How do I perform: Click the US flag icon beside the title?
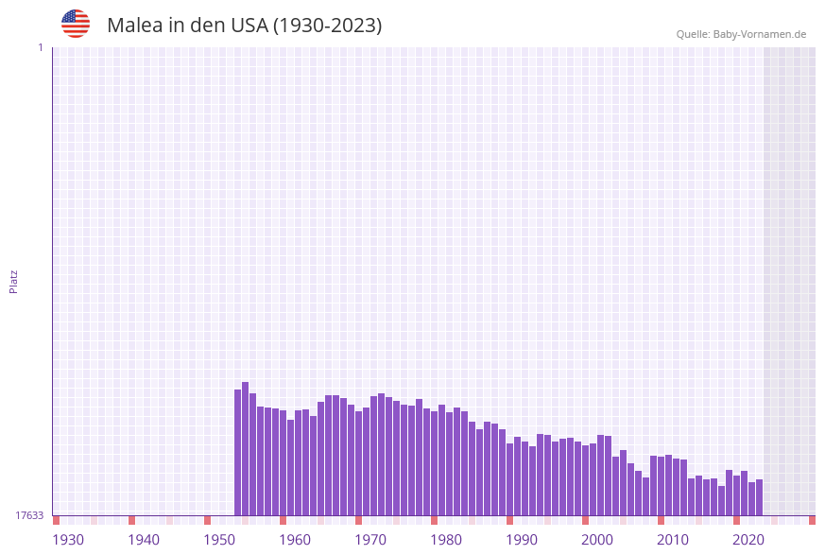click(76, 24)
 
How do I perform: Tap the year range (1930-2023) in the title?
click(327, 26)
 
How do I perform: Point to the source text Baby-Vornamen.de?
click(759, 34)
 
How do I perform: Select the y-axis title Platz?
click(14, 282)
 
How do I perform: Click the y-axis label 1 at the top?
click(41, 47)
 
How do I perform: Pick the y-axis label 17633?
click(29, 515)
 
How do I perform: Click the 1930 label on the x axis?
click(68, 540)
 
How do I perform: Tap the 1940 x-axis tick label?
click(144, 540)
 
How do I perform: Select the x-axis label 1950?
click(219, 540)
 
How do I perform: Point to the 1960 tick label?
click(295, 540)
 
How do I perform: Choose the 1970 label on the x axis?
click(370, 540)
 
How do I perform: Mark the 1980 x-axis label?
click(446, 540)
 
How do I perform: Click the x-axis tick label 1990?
click(522, 540)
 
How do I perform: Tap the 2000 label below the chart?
click(597, 540)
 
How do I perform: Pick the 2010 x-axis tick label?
click(673, 540)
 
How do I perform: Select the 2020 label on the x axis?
click(748, 540)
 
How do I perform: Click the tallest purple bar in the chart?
click(246, 449)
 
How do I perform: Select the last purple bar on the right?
click(759, 497)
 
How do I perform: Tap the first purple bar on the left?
click(238, 452)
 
